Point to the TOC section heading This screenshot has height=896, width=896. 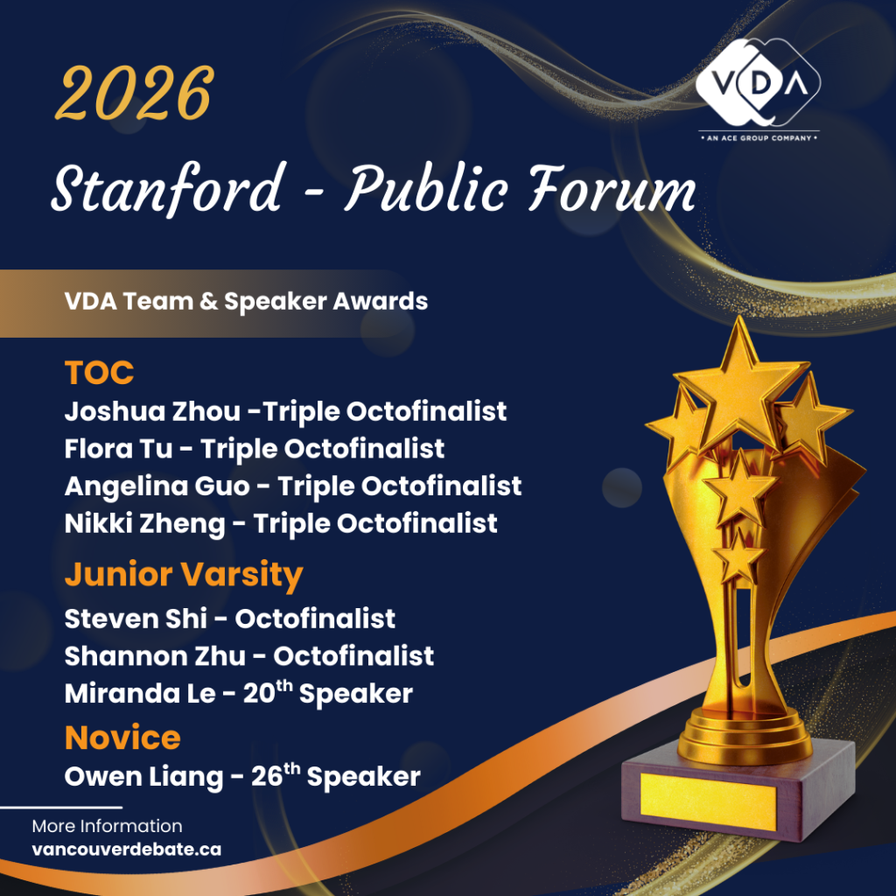(99, 373)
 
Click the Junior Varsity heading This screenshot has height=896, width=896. (184, 575)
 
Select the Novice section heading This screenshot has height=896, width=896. (122, 738)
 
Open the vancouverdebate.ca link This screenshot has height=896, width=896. (126, 849)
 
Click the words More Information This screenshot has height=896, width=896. (107, 826)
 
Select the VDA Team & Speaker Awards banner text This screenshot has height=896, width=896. (246, 302)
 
